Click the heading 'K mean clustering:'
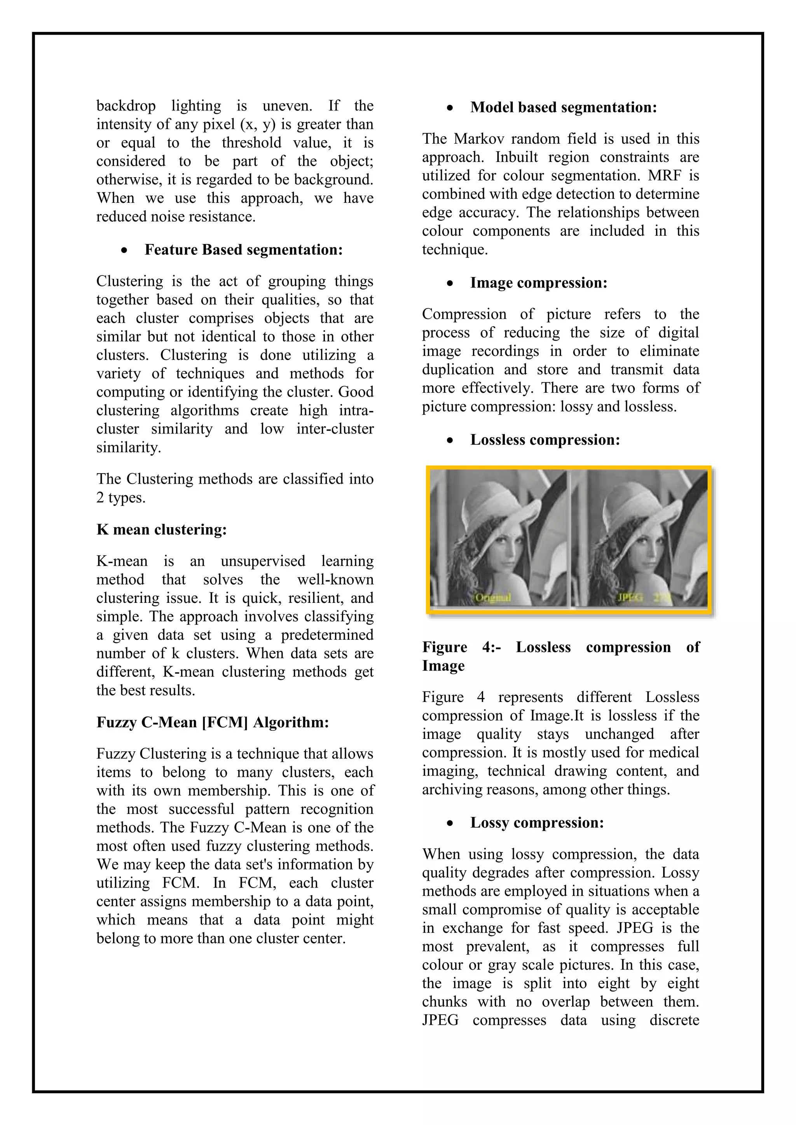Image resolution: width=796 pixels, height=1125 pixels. pos(161,529)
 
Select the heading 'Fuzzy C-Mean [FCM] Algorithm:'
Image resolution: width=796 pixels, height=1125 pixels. pos(212,722)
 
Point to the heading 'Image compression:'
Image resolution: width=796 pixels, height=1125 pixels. pos(538,283)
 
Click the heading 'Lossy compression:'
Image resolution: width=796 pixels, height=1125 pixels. pos(537,822)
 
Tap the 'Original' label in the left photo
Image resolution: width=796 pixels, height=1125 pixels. pos(492,597)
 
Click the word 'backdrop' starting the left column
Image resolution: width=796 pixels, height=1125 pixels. pos(126,106)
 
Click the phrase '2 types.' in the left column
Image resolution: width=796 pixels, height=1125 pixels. pos(120,498)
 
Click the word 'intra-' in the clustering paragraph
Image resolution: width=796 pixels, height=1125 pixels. pos(356,410)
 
